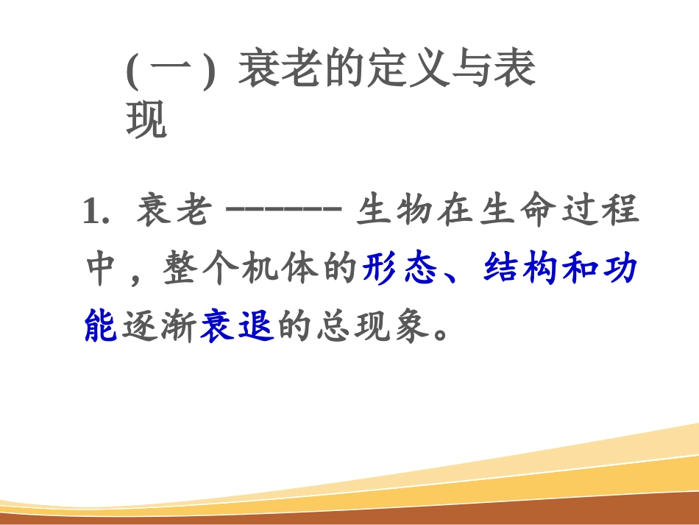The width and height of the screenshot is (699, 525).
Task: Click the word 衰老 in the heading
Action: (280, 73)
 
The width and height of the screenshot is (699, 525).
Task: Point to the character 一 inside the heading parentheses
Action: (170, 73)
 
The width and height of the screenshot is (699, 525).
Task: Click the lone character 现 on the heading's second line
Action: (146, 121)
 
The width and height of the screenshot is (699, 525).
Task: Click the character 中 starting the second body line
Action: (102, 270)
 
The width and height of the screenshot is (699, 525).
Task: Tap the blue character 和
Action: (581, 270)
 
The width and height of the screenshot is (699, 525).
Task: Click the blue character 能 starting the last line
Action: (102, 328)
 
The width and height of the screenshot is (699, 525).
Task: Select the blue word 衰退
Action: (237, 328)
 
